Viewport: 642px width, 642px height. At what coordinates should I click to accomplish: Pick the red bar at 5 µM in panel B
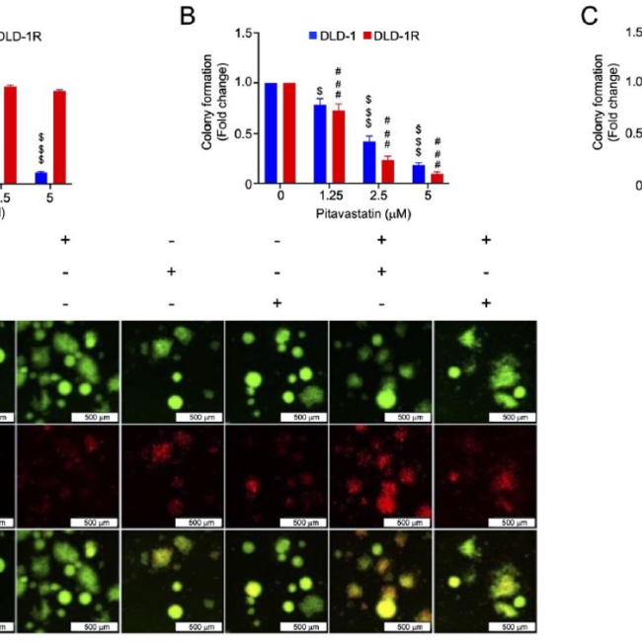coord(436,179)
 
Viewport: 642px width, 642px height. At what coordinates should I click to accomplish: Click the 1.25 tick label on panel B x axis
coord(330,197)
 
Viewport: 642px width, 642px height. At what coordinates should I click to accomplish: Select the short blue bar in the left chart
coord(40,177)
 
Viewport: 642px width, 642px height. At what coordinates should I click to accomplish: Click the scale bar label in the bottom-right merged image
coord(513,626)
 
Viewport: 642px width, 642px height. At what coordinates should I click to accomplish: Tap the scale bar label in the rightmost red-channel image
coord(513,522)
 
